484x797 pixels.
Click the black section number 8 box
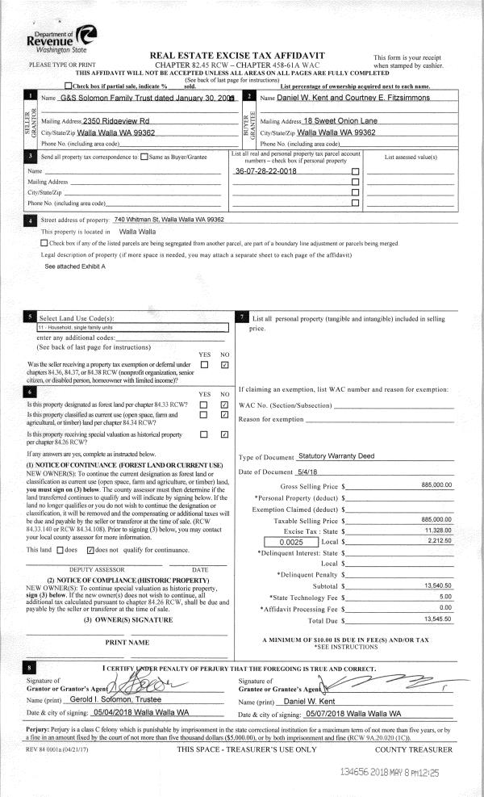coord(31,668)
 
